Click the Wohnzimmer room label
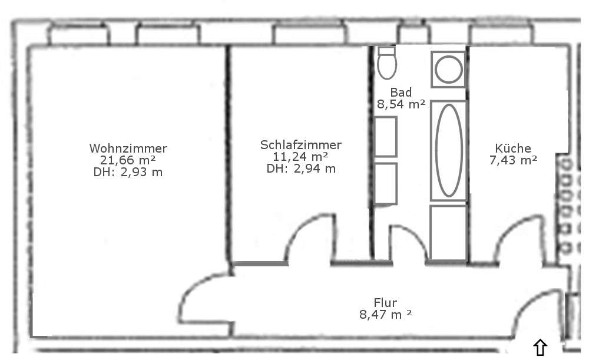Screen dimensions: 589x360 tap(128, 148)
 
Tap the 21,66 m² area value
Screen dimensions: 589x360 tap(128, 160)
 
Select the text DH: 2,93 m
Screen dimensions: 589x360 tap(128, 172)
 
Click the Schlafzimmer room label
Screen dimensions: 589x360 tap(301, 145)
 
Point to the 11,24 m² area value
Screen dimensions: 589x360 tap(300, 156)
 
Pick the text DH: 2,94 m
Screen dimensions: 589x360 tap(301, 169)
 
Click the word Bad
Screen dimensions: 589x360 tap(401, 92)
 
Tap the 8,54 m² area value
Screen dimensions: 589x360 tap(401, 104)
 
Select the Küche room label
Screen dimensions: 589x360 tap(513, 148)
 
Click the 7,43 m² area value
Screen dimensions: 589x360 tap(513, 160)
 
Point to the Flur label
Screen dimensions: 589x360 tap(385, 302)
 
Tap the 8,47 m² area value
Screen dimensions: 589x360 tap(385, 314)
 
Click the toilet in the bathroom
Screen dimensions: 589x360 tap(387, 63)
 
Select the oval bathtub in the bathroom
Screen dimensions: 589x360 tap(448, 150)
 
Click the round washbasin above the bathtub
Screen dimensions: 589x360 tap(448, 70)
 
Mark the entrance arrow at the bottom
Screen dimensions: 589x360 tap(540, 347)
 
